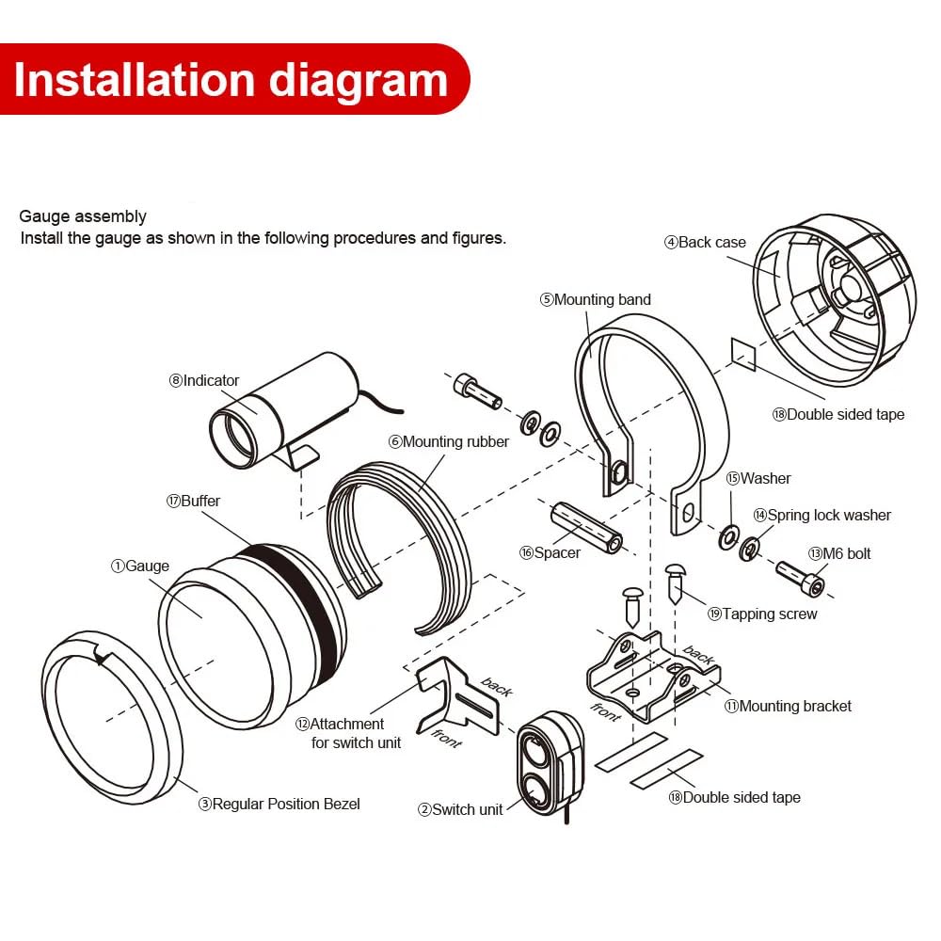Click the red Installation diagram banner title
[x=231, y=80]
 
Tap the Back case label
[x=705, y=243]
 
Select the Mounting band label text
[x=596, y=299]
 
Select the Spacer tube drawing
[x=586, y=528]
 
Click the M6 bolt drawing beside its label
[x=801, y=579]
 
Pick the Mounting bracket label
[x=788, y=707]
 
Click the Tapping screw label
[x=762, y=614]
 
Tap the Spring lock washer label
[x=822, y=516]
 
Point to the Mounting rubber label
[x=448, y=442]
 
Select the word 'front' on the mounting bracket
[x=605, y=711]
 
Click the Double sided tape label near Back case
[x=838, y=415]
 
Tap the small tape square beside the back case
[x=743, y=354]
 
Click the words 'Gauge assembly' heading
[x=83, y=216]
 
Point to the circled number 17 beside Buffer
[x=173, y=502]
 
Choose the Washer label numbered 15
[x=758, y=478]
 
